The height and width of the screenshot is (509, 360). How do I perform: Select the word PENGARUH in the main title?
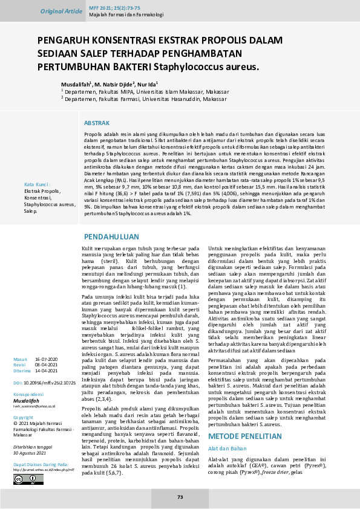(66, 41)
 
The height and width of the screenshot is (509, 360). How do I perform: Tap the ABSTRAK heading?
(97, 122)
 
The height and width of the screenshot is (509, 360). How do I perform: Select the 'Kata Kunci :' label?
(36, 184)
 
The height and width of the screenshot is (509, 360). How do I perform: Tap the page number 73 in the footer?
(180, 497)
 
